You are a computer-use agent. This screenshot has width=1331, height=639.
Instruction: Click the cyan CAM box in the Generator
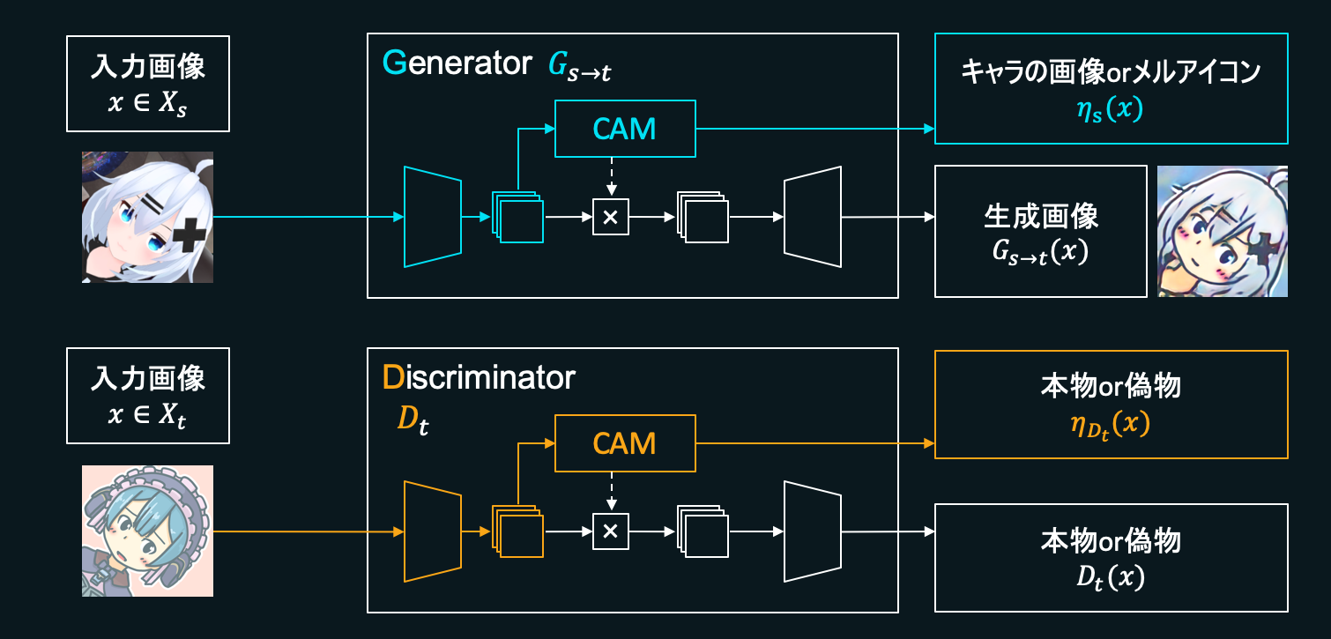click(x=625, y=129)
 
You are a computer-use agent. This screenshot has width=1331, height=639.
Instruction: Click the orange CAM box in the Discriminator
click(x=625, y=443)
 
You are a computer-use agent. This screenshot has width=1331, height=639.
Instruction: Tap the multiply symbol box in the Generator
click(x=611, y=216)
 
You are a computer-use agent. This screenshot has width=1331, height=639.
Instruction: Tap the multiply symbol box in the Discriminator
click(x=611, y=531)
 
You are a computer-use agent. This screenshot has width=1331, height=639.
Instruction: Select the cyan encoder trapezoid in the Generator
click(x=432, y=216)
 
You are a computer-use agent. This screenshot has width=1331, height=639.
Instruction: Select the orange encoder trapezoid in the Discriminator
click(x=432, y=531)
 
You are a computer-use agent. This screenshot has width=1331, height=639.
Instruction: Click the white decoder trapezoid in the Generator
click(x=812, y=216)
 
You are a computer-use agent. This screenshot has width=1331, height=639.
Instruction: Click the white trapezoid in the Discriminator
click(x=812, y=531)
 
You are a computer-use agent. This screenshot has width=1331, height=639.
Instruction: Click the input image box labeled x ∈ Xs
click(x=148, y=84)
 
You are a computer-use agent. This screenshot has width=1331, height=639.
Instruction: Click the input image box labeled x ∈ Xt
click(x=148, y=395)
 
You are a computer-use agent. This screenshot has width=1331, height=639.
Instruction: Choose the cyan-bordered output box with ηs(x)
click(x=1111, y=88)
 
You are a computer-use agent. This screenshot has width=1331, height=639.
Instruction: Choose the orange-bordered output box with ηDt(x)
click(x=1111, y=405)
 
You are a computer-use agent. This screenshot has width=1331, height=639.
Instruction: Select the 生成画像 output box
click(x=1040, y=231)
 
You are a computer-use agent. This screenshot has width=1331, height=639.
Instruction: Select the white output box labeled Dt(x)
click(x=1111, y=557)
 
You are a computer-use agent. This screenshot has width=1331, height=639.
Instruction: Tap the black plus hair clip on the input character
click(x=189, y=237)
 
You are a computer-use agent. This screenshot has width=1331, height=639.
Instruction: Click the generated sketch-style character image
click(x=1222, y=231)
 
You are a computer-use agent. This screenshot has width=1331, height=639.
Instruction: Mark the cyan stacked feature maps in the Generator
click(x=517, y=217)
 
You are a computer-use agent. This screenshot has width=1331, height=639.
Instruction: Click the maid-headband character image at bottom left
click(x=147, y=531)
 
